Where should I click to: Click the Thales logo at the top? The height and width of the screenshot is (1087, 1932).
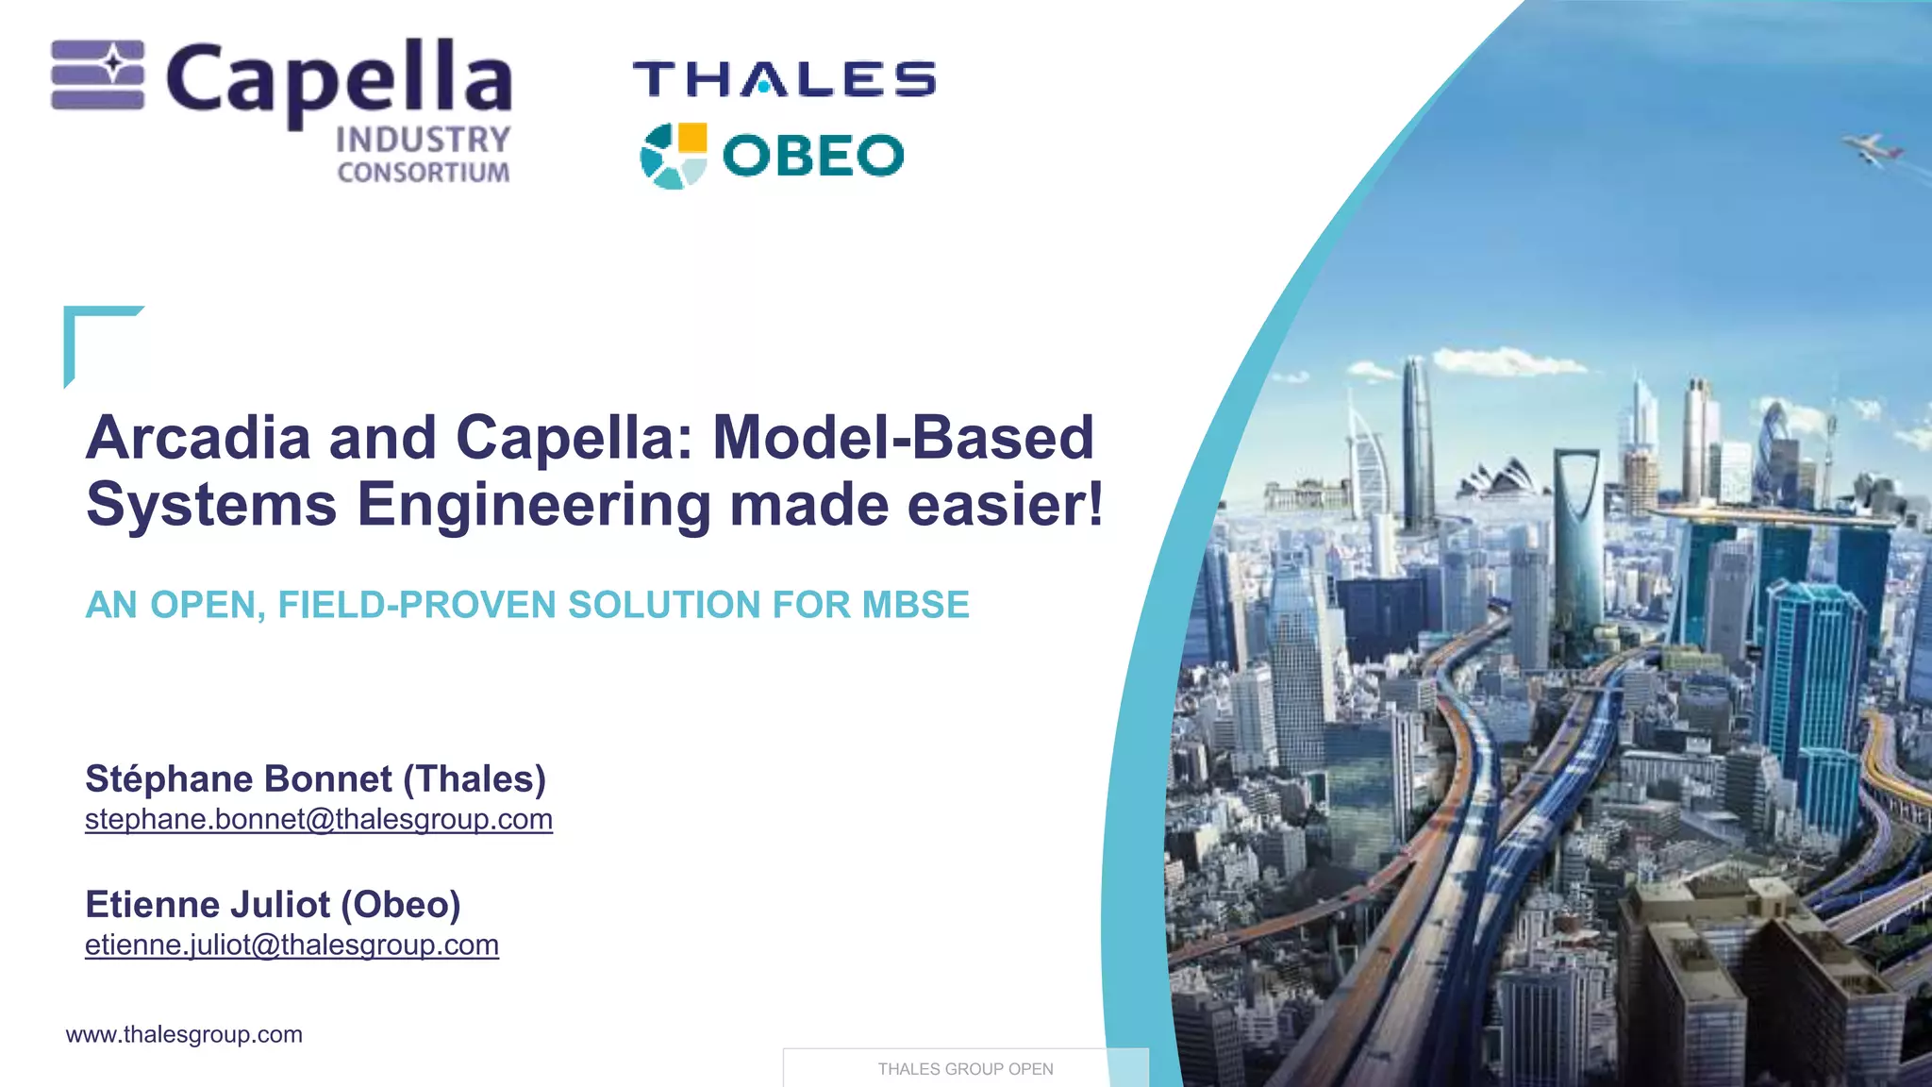tap(784, 79)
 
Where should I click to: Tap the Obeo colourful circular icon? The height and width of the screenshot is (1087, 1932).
tap(673, 156)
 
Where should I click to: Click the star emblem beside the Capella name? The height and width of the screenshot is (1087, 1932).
tap(98, 75)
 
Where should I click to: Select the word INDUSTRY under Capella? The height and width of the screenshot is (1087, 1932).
tap(423, 140)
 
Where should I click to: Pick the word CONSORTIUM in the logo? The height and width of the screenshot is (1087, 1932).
tap(424, 173)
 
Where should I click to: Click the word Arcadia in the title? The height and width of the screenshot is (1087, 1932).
tap(198, 438)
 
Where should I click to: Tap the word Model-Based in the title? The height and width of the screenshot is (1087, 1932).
tap(903, 438)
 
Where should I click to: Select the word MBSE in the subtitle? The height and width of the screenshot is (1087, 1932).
tap(915, 605)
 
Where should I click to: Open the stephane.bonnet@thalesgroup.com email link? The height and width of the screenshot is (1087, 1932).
tap(319, 819)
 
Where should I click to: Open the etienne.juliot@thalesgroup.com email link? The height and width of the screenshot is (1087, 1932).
tap(291, 945)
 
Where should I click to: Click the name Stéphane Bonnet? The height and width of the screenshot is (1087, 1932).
tap(238, 779)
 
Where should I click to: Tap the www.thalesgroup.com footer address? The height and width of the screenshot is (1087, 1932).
tap(184, 1034)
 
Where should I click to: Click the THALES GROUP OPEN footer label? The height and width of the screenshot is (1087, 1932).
tap(965, 1069)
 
